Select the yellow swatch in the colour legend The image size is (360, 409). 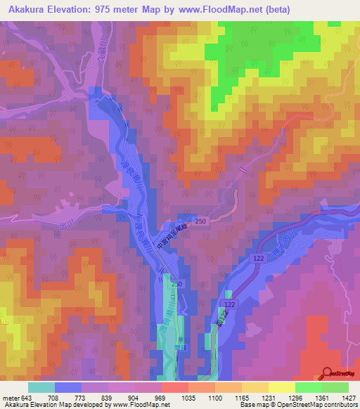pos(281,387)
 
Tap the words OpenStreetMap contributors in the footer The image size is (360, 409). pos(317,405)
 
